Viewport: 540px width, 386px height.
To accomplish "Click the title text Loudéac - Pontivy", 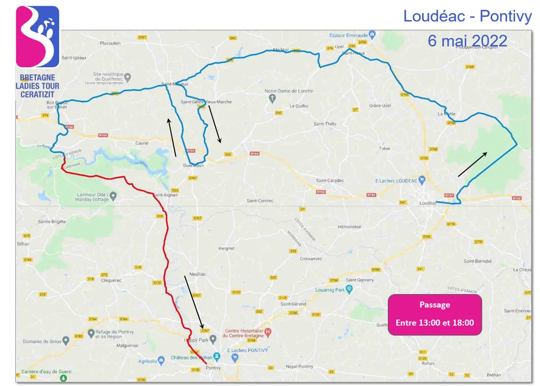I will point(467,16).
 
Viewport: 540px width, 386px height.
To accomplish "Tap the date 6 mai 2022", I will point(467,40).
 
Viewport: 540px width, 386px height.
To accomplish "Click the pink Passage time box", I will point(434,314).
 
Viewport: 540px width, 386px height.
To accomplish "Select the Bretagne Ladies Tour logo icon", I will point(37,36).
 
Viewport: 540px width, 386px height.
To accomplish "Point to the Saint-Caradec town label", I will point(330,180).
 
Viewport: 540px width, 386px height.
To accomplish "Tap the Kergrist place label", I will point(226,248).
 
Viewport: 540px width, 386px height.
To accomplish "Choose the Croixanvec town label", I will point(311,257).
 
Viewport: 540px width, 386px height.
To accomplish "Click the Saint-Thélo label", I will point(325,124).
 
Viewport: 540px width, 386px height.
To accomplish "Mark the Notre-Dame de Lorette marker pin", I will point(272,99).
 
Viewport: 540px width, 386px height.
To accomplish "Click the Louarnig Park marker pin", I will point(349,289).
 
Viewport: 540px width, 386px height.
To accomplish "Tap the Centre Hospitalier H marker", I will point(268,332).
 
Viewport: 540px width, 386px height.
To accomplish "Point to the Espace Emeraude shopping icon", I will point(372,34).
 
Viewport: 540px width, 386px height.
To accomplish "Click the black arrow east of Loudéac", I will point(472,164).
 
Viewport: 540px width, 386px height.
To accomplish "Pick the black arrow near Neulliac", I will point(194,302).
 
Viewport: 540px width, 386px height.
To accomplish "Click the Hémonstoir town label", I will point(350,227).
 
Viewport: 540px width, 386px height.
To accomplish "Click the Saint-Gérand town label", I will point(293,304).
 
